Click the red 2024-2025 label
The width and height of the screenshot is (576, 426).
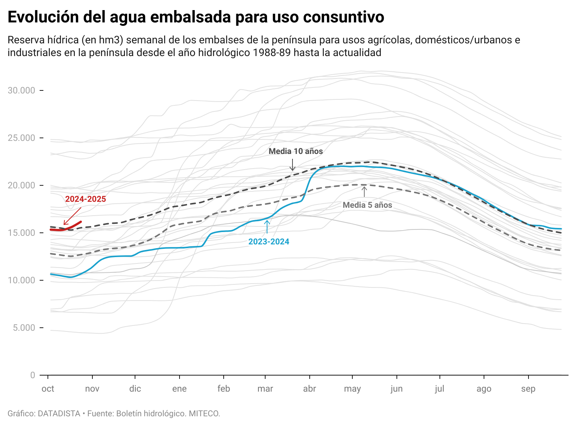(85, 199)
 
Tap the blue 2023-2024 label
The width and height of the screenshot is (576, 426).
(269, 241)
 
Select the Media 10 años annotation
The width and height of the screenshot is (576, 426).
(295, 151)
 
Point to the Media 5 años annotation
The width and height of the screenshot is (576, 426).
(367, 205)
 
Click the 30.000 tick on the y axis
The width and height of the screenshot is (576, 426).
(21, 90)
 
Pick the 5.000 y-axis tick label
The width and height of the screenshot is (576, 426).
(24, 328)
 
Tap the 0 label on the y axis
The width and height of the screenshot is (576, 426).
(33, 375)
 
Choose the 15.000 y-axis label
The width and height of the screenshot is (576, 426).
(21, 233)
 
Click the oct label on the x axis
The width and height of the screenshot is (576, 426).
(48, 389)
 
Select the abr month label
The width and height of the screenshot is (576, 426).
(309, 389)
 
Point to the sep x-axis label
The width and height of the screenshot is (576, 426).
(528, 389)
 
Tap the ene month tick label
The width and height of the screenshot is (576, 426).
(179, 389)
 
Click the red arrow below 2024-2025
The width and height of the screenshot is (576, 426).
(73, 216)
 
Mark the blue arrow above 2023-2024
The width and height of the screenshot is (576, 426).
(267, 227)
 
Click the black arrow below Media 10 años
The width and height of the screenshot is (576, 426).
(292, 165)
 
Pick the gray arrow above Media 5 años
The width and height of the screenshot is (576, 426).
(364, 192)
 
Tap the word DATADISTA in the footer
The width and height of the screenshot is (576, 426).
(59, 414)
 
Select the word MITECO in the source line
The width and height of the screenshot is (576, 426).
(204, 414)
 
